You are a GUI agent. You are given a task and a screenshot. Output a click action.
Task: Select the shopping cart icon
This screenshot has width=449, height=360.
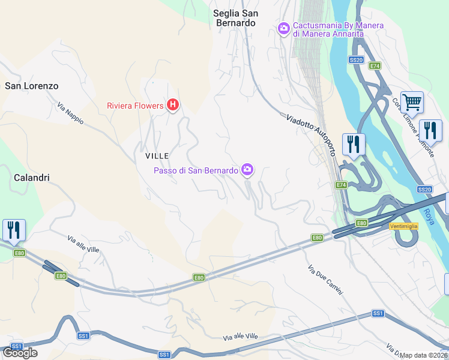tap(412, 103)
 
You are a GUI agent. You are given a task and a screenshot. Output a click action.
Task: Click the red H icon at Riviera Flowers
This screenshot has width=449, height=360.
tap(173, 106)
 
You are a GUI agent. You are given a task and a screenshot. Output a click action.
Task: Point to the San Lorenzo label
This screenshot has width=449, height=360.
tap(32, 86)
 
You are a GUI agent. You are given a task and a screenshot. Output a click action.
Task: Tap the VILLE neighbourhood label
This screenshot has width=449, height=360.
tap(157, 155)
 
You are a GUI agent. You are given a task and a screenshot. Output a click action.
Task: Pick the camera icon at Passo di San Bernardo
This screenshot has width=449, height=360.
tap(247, 170)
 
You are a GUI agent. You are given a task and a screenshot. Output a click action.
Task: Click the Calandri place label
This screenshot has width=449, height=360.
tap(31, 178)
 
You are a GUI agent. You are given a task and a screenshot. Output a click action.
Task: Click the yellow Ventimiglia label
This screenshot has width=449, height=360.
tap(403, 226)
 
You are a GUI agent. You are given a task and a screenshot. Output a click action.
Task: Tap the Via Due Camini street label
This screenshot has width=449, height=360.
tap(325, 280)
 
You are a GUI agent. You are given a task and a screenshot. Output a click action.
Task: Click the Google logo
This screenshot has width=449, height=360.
tap(19, 353)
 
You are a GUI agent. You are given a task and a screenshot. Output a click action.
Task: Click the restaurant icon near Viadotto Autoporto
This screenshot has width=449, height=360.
tap(353, 144)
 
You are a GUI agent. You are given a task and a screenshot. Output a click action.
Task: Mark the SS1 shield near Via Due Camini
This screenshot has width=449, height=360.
tap(378, 314)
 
